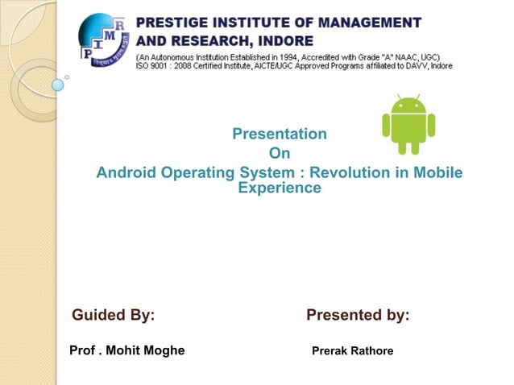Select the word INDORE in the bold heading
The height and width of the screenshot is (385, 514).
click(282, 39)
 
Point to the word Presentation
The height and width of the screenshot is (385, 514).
click(279, 134)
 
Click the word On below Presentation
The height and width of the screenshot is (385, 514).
click(279, 153)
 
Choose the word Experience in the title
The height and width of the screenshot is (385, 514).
click(279, 188)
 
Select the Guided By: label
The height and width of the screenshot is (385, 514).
click(114, 315)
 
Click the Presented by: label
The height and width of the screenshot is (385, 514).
click(358, 315)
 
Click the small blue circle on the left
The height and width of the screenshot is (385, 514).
click(58, 85)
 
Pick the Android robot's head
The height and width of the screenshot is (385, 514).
click(408, 105)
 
